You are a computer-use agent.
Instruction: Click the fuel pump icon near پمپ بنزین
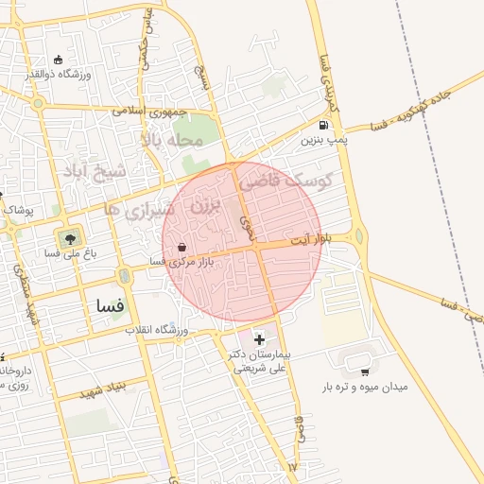pyautogui.click(x=324, y=125)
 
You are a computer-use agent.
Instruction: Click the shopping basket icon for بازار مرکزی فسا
pyautogui.click(x=181, y=248)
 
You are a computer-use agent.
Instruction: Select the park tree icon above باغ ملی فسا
pyautogui.click(x=68, y=235)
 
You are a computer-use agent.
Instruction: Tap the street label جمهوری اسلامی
pyautogui.click(x=146, y=110)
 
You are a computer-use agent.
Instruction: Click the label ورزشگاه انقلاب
pyautogui.click(x=159, y=331)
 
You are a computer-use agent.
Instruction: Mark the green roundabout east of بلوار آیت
pyautogui.click(x=359, y=237)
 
